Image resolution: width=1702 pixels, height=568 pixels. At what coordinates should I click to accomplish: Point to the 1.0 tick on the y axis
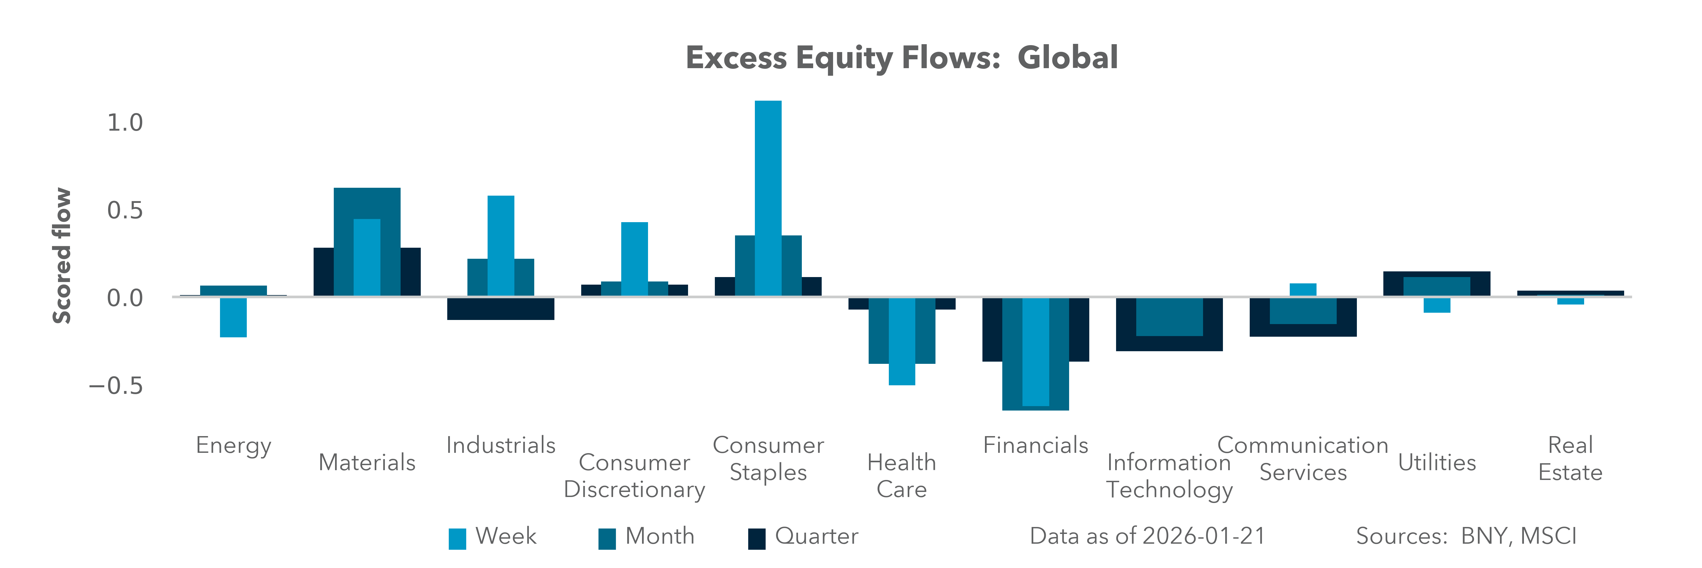pos(125,123)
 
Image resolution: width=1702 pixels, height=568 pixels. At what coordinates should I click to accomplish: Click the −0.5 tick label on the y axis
pos(116,386)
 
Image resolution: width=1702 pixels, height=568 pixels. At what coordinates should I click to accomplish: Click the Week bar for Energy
pos(233,317)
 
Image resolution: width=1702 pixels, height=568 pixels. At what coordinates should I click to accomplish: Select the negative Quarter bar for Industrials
pos(501,310)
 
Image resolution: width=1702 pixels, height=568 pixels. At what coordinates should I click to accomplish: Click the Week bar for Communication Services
pos(1303,290)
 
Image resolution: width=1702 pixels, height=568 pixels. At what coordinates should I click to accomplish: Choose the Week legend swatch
pos(457,539)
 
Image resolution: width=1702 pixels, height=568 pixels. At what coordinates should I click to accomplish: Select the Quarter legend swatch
pos(756,539)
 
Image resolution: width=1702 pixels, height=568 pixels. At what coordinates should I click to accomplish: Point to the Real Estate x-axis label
pos(1571,459)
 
